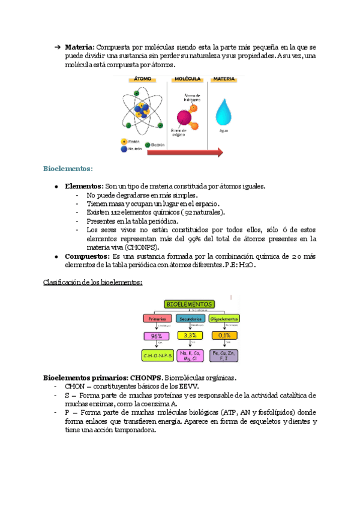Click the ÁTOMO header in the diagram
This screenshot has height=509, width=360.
pyautogui.click(x=143, y=79)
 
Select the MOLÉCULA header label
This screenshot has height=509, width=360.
pyautogui.click(x=186, y=79)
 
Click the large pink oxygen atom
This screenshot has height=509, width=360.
pyautogui.click(x=184, y=116)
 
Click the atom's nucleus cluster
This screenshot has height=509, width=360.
pyautogui.click(x=143, y=109)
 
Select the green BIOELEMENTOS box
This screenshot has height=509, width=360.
pyautogui.click(x=190, y=304)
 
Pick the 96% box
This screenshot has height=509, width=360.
pyautogui.click(x=157, y=337)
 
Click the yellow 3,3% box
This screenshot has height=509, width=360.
pyautogui.click(x=191, y=337)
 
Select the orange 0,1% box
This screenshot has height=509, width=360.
pyautogui.click(x=224, y=337)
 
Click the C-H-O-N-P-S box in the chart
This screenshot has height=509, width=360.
pyautogui.click(x=157, y=356)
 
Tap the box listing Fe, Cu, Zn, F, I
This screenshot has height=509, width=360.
pyautogui.click(x=224, y=355)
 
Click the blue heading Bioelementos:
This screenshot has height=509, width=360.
pyautogui.click(x=68, y=169)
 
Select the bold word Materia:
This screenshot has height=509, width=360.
pyautogui.click(x=79, y=47)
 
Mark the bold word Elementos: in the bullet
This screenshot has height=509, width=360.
pyautogui.click(x=83, y=187)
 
